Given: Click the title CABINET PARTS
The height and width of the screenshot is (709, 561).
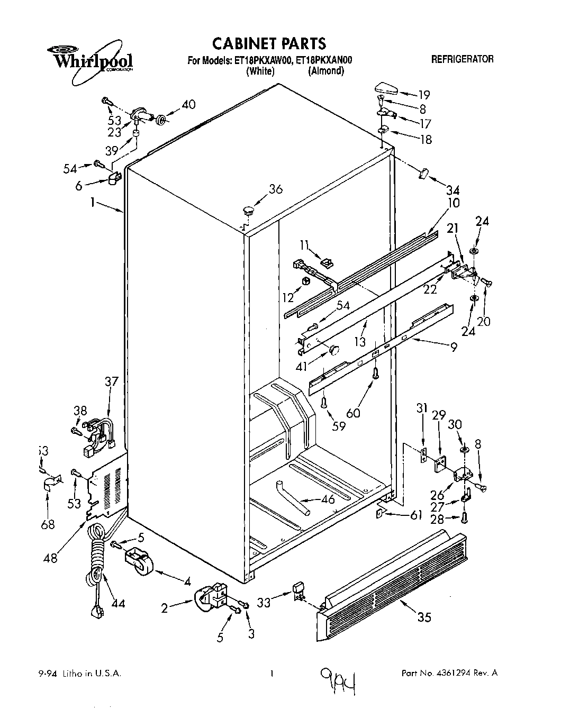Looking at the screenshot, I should pos(268,43).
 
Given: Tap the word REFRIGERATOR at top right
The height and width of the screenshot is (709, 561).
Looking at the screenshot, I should pos(462,59).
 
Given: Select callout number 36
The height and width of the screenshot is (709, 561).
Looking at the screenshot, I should pos(275,189).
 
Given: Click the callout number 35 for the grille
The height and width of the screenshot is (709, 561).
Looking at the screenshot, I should pos(424,616).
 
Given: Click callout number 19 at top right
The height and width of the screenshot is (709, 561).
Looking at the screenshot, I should pos(424,95).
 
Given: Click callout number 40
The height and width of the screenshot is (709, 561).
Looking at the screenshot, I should pos(188,104).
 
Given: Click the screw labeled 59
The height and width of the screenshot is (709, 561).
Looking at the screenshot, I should pos(323,404).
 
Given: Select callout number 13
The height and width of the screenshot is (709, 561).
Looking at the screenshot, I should pos(360,342).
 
